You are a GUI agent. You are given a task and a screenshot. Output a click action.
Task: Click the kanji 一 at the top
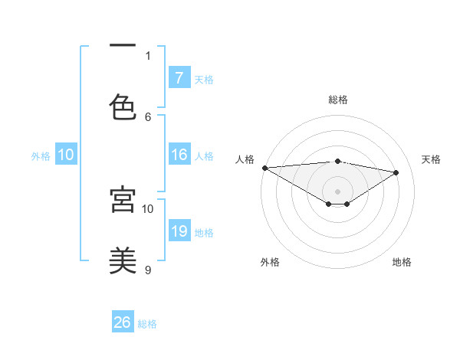[122, 47]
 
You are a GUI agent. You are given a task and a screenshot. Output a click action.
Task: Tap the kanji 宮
[122, 199]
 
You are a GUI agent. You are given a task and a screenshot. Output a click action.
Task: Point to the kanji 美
[122, 260]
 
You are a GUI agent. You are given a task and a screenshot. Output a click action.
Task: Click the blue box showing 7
[179, 77]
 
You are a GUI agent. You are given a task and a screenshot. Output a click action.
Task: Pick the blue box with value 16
[179, 155]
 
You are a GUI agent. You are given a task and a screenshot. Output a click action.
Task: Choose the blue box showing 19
[179, 231]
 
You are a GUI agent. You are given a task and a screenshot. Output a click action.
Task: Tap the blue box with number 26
[122, 322]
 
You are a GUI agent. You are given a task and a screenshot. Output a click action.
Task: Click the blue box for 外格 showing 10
[65, 155]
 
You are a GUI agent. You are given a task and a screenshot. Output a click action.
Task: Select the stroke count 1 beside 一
[148, 55]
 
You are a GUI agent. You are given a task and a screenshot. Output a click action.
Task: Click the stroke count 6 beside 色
[148, 116]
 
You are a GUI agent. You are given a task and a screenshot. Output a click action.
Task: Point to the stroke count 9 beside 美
[148, 270]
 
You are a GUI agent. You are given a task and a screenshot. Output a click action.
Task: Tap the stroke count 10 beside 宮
[148, 208]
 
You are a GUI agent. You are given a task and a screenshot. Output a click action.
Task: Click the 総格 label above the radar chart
[337, 100]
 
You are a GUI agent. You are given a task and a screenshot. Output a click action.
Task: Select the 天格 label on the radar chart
[431, 159]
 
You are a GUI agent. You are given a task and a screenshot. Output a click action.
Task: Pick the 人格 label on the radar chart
[245, 159]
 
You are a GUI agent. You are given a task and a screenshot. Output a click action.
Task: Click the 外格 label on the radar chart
[270, 262]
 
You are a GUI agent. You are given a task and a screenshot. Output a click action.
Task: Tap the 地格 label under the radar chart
[402, 262]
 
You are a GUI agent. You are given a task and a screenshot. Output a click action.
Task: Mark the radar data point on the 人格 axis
[264, 168]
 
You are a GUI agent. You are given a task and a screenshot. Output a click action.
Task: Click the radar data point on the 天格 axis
[396, 172]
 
